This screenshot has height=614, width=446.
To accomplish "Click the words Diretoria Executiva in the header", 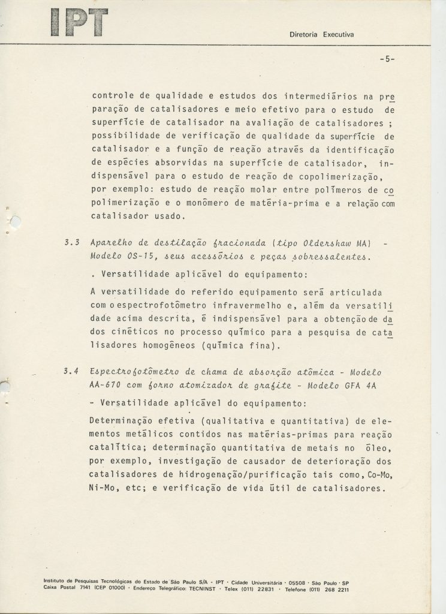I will [x=322, y=34].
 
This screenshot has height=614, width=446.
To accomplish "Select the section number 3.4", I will [x=71, y=372].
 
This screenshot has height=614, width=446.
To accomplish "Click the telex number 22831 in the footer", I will [x=262, y=589].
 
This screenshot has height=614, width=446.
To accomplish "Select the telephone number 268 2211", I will [x=332, y=589].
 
